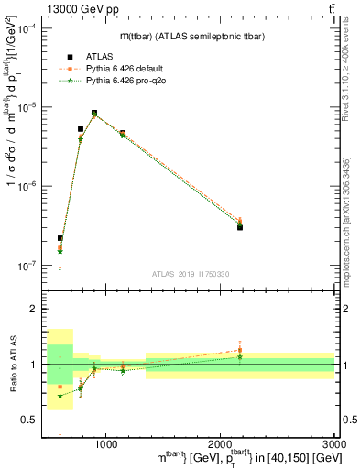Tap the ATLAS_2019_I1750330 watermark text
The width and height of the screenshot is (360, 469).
(x=189, y=274)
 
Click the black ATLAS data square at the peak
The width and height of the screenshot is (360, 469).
(x=94, y=113)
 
